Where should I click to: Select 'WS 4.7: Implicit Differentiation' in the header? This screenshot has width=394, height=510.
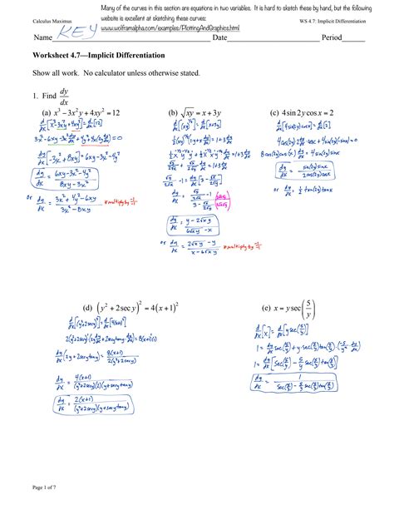click(334, 19)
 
